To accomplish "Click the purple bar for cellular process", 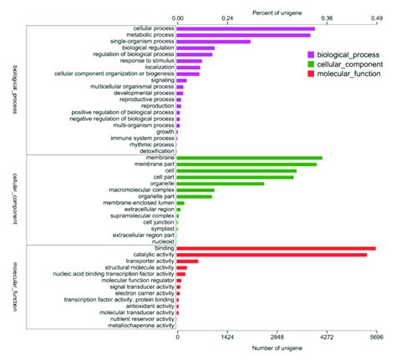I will click(x=246, y=28).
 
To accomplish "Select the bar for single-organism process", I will click(x=214, y=41).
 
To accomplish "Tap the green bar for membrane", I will click(x=249, y=158).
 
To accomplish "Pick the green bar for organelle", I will click(x=221, y=183).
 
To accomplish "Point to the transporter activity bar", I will click(x=188, y=261).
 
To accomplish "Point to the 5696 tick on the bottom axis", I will click(x=376, y=338).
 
